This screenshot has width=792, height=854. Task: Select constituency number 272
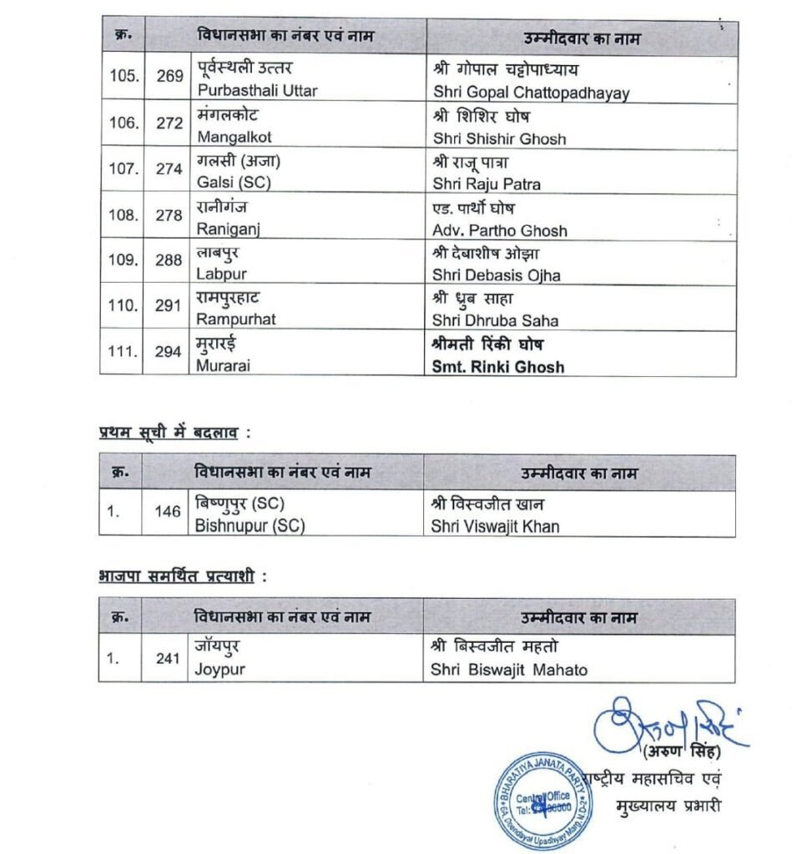[169, 123]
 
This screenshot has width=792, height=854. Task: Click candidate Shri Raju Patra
[487, 183]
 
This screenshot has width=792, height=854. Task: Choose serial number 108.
[124, 215]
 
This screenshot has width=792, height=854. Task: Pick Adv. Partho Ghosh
[500, 230]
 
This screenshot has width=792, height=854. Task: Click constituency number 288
[169, 260]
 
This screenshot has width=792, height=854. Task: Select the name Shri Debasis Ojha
[497, 276]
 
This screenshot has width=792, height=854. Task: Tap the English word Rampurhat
[236, 320]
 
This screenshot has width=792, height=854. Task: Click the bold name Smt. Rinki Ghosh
[497, 366]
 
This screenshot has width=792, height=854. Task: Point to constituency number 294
[169, 352]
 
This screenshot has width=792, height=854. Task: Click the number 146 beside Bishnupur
[169, 510]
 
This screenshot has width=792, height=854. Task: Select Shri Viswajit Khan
[496, 526]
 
